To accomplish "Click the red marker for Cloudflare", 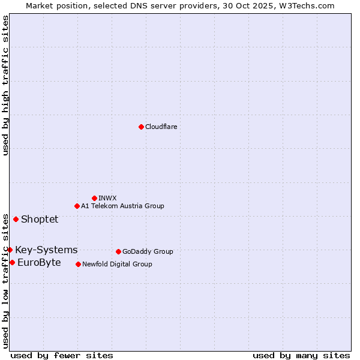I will coord(141,127).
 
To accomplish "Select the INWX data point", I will coord(94,198).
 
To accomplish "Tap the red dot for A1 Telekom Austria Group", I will coord(77,206).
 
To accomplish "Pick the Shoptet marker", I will coord(16,219).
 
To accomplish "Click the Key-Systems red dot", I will coord(10,250).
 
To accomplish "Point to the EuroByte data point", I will coord(12,262).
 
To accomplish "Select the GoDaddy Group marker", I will coord(118,251).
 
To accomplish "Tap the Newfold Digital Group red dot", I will coord(78,264).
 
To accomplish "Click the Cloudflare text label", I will coord(161,127).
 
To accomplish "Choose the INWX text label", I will coord(107,198).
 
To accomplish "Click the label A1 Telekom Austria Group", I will coord(122,206).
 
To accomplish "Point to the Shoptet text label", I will coord(40,219).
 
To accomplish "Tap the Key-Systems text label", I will coord(46,250).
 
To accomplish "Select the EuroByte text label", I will coord(39,262).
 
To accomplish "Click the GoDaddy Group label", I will coord(148,251).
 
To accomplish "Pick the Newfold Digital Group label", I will coord(117,264).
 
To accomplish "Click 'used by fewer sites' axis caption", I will coord(62,355).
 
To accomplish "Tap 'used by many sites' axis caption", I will coord(301,355).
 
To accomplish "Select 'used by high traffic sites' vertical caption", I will coord(5,85).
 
